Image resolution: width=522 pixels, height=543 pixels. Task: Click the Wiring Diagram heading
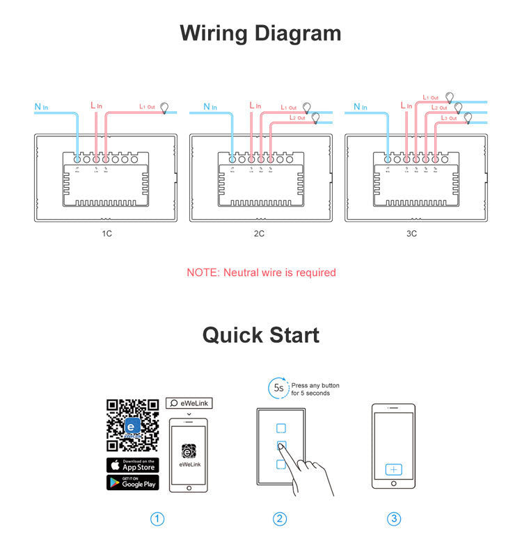260,33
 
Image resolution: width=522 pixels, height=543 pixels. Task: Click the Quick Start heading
260,334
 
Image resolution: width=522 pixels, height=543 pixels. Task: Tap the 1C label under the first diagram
106,234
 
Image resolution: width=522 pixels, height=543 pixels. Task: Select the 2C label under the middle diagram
259,234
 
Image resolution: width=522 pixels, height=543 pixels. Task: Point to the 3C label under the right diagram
411,234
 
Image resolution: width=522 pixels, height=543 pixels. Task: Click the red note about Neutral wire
261,273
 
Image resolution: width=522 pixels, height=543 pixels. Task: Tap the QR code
132,425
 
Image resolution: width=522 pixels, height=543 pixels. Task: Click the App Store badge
132,465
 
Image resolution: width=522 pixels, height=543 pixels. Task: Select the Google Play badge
132,482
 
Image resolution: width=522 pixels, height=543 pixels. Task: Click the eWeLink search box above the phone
188,403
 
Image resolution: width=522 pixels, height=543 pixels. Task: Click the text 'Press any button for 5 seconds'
315,389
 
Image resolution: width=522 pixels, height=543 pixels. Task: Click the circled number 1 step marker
158,519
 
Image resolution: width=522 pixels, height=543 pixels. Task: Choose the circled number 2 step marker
280,519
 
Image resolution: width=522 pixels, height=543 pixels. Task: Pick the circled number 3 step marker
394,519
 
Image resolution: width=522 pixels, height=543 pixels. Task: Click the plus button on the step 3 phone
394,470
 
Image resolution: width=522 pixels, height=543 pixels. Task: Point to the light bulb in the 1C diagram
165,107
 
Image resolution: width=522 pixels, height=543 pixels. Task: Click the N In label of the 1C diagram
42,107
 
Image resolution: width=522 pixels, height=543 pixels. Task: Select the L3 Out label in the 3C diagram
449,118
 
